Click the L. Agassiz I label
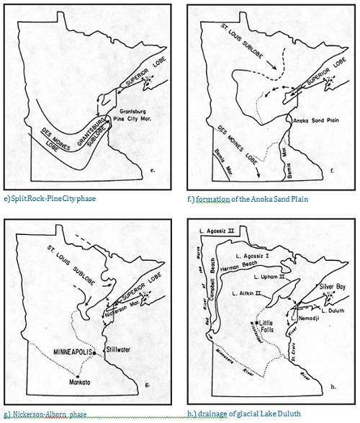click(258, 256)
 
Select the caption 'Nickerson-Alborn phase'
click(50, 415)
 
